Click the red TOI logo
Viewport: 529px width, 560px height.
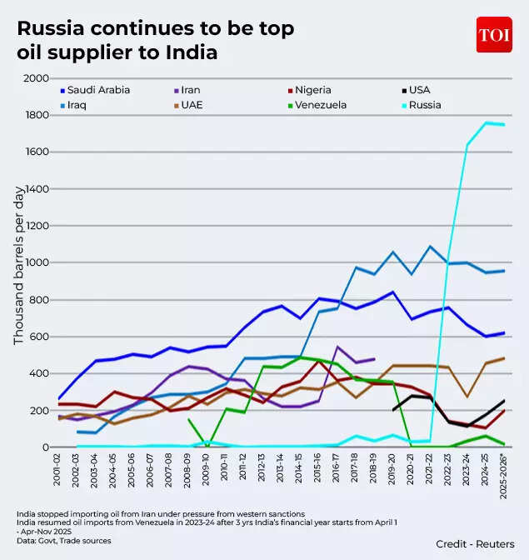(494, 35)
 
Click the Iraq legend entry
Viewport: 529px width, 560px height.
(77, 106)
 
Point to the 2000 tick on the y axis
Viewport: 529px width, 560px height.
(36, 78)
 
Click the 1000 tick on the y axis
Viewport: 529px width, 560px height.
(36, 263)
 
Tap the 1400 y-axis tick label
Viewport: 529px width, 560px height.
(36, 189)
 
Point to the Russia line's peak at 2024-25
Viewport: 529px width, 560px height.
(486, 123)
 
